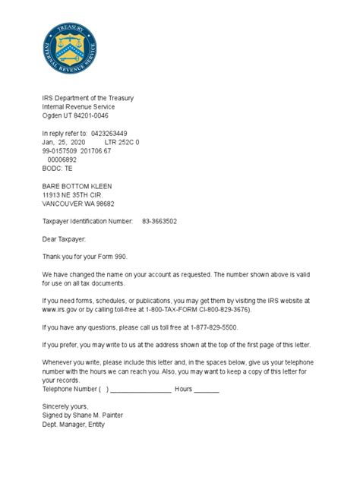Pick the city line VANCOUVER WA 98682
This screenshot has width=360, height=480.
[x=78, y=204]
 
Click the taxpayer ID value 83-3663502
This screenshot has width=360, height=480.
[x=160, y=221]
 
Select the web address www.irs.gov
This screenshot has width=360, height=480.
[x=63, y=309]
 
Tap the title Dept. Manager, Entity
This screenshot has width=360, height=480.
[x=78, y=424]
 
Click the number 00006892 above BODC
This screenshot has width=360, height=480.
[x=62, y=159]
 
